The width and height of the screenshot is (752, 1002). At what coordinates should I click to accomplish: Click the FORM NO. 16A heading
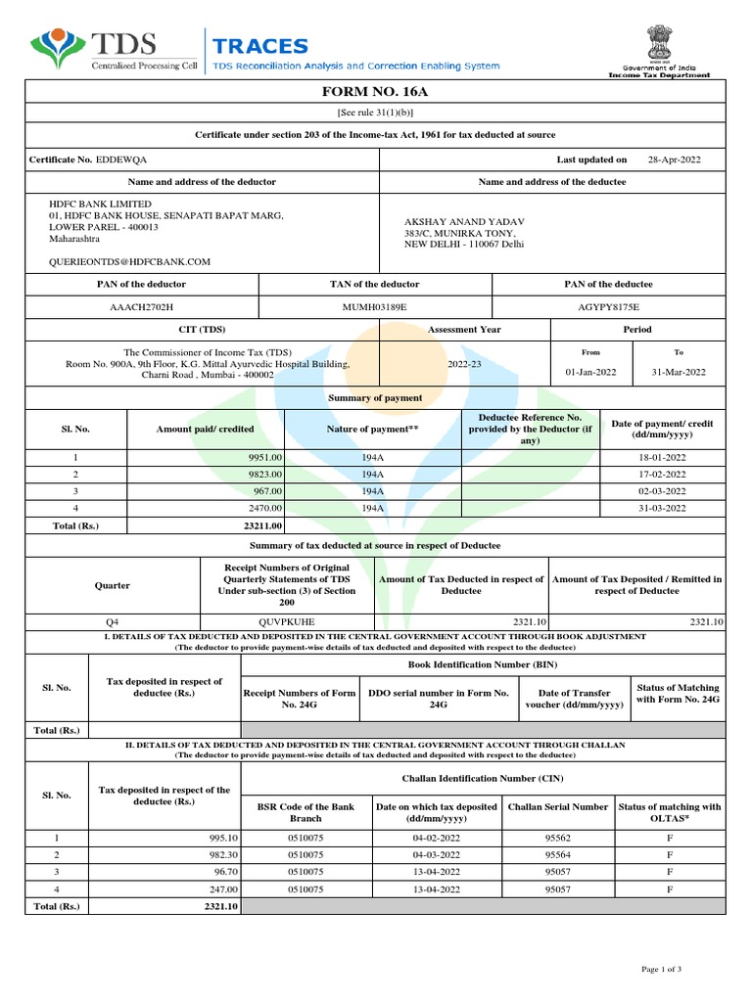[375, 92]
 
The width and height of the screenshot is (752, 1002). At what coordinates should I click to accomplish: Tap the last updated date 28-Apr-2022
[674, 159]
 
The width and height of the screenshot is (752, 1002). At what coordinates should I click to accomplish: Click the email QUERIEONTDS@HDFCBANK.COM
[130, 262]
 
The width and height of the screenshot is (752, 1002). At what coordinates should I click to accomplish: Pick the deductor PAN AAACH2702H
[142, 307]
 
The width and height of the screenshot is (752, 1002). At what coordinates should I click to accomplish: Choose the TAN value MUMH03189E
[374, 307]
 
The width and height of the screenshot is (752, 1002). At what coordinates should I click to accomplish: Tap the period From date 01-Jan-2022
[590, 372]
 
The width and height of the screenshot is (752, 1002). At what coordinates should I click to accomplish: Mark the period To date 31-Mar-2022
[679, 372]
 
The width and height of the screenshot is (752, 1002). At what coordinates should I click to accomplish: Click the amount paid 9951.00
[264, 457]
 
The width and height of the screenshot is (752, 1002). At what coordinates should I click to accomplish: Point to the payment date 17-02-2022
[662, 474]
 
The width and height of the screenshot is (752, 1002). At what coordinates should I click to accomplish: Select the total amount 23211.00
[263, 525]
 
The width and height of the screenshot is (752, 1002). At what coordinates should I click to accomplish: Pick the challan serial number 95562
[558, 839]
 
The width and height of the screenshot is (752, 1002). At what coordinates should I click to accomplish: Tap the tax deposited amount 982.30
[218, 854]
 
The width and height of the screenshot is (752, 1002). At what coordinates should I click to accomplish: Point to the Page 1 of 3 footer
[661, 969]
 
